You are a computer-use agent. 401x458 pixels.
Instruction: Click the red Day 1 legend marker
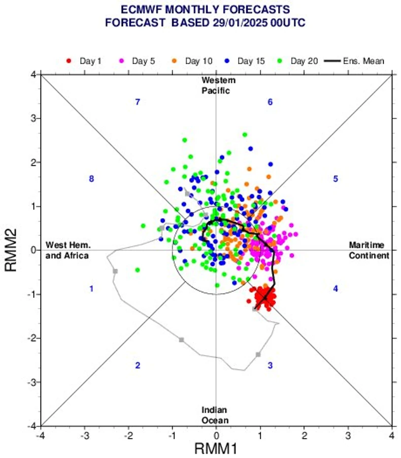click(x=69, y=62)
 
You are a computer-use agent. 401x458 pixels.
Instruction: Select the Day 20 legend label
click(x=305, y=62)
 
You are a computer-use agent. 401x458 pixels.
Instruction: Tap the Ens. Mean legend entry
click(x=363, y=62)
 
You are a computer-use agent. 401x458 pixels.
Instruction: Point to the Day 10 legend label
click(x=199, y=62)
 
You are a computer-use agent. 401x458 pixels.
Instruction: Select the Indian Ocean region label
click(x=214, y=415)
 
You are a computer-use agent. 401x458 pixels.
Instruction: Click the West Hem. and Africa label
click(x=67, y=250)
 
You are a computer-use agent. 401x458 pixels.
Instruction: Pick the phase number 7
click(x=137, y=102)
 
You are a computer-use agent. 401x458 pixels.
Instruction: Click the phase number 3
click(x=270, y=365)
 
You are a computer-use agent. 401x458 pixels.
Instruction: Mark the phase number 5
click(x=336, y=179)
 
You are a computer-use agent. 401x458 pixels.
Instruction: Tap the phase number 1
click(x=91, y=289)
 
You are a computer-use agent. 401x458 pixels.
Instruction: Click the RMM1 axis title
click(x=216, y=448)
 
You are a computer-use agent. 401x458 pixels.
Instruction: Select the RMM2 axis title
click(x=12, y=250)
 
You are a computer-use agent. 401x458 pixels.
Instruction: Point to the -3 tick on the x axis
click(x=84, y=436)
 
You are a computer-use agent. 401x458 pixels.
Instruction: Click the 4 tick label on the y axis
click(x=33, y=75)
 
